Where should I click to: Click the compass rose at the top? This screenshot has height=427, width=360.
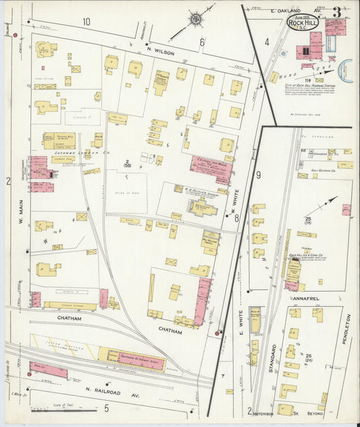tap(195, 18)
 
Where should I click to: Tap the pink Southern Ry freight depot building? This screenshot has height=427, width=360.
tap(48, 370)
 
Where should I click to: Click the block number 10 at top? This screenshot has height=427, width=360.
tap(86, 22)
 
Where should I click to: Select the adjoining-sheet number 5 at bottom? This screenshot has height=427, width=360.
tap(106, 407)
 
